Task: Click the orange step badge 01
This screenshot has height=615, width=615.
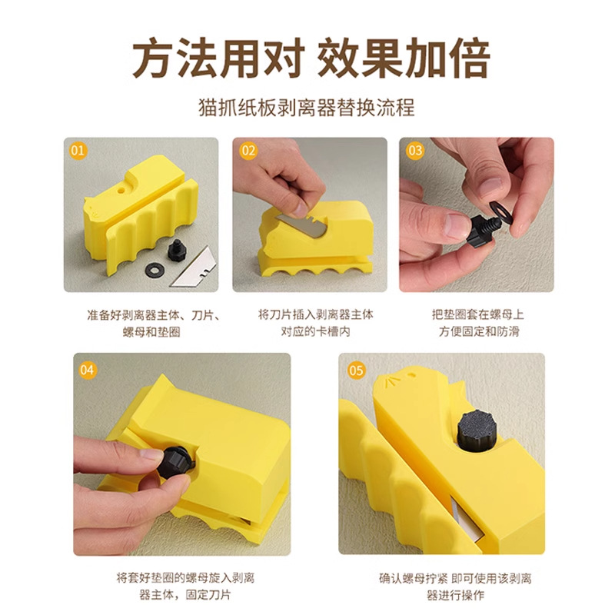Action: tap(78, 151)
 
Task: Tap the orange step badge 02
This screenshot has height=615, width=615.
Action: tap(248, 151)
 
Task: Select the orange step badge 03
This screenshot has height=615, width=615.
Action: tap(415, 151)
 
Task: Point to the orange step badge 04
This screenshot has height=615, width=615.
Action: tap(87, 370)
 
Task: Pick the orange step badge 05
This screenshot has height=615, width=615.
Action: tap(356, 371)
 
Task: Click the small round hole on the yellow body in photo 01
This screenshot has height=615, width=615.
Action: tap(121, 191)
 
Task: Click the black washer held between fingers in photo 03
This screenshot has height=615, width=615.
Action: tap(500, 209)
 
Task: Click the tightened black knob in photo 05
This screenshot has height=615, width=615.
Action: tap(477, 430)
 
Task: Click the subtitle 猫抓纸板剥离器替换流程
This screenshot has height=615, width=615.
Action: tap(307, 107)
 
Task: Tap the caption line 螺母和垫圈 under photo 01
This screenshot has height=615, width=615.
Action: tap(151, 332)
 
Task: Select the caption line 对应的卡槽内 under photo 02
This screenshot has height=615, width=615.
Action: tap(315, 331)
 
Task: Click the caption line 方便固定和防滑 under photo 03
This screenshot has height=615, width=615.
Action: tap(479, 331)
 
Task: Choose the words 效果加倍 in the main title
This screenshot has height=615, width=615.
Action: tap(403, 58)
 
